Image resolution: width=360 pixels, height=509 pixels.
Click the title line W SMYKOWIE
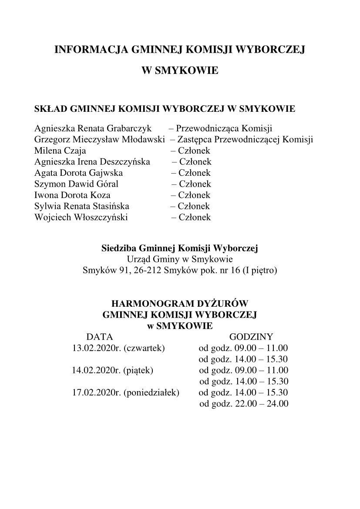(x=180, y=70)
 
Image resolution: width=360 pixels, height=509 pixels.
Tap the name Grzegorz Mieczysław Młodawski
(x=99, y=140)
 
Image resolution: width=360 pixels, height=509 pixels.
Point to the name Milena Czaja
(x=60, y=151)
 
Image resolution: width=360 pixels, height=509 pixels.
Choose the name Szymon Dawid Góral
(x=76, y=184)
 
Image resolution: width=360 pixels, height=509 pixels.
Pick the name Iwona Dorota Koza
(x=72, y=195)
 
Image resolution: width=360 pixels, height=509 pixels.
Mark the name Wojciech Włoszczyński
(x=81, y=217)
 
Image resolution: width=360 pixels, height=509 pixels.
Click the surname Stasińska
(x=111, y=206)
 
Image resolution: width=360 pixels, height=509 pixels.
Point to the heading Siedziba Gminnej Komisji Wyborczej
(x=180, y=248)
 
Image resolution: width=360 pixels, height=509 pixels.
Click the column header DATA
(x=100, y=337)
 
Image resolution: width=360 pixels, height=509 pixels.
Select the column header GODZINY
(x=251, y=337)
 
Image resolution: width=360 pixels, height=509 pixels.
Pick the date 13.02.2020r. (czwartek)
(x=118, y=348)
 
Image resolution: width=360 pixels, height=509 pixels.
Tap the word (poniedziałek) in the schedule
(x=151, y=392)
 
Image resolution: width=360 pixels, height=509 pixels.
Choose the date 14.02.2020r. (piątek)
(x=113, y=370)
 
